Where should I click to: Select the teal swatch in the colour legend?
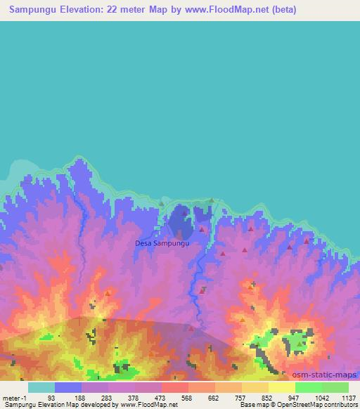41,387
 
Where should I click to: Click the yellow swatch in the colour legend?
281,387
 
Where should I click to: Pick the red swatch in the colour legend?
174,387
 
